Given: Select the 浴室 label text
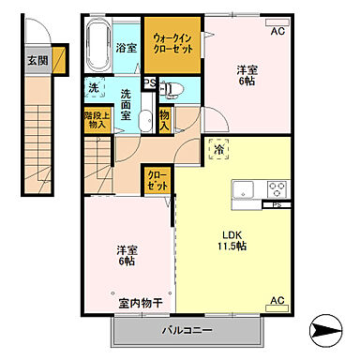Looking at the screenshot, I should tap(126, 46).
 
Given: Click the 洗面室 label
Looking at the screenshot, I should tap(129, 97).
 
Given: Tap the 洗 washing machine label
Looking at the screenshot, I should tap(94, 88).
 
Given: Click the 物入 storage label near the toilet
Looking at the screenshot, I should tap(164, 118).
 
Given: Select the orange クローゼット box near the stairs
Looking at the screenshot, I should tap(157, 179).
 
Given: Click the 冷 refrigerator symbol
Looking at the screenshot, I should tap(218, 148).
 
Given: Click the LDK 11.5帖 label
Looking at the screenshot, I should tap(232, 240).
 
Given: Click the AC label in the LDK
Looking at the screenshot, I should tap(277, 300).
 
